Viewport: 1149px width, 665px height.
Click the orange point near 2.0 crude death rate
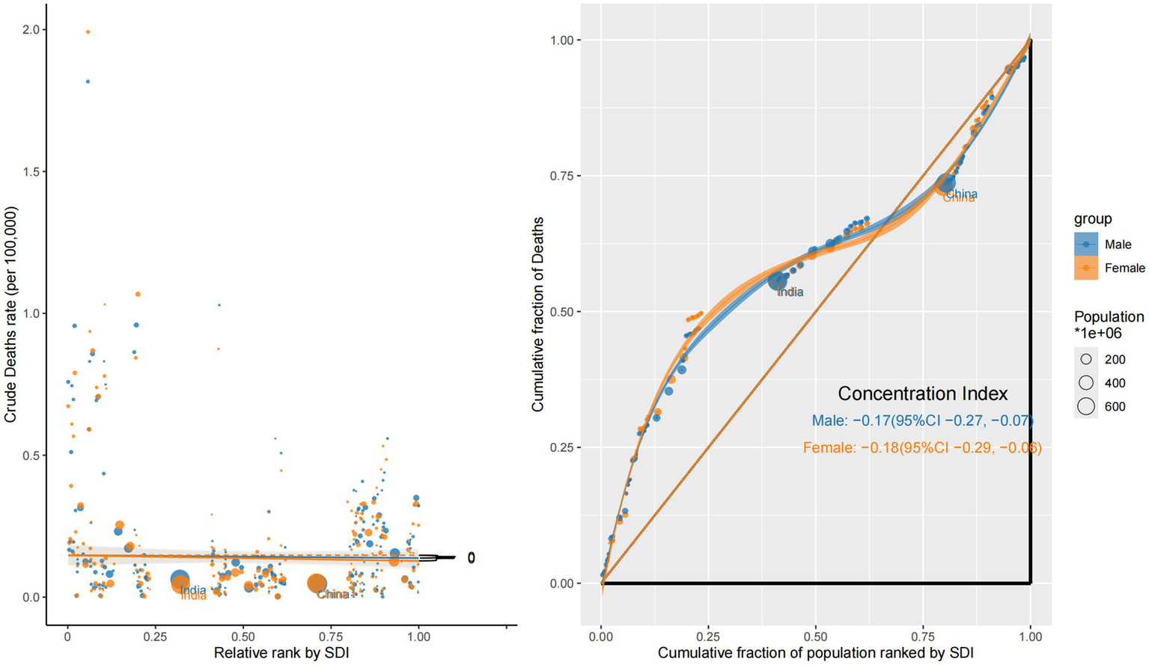tap(88, 31)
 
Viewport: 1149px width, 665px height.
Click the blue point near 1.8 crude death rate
tap(88, 82)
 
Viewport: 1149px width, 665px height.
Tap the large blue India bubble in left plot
tap(180, 579)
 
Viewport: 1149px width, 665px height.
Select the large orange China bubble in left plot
tap(317, 583)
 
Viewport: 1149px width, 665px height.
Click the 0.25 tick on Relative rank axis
tap(155, 637)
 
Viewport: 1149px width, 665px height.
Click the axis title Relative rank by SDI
tap(281, 653)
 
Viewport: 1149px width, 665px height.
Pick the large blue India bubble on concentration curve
tap(778, 281)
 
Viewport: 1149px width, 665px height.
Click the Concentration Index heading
tap(922, 393)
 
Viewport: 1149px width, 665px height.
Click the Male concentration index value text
tap(922, 421)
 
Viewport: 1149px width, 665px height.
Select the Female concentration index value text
tap(922, 448)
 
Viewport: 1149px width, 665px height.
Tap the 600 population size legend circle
tap(1086, 406)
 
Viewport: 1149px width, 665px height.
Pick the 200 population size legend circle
tap(1086, 359)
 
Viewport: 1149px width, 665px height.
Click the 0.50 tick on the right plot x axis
tap(816, 637)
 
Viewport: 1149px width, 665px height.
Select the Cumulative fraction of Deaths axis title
tap(537, 314)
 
